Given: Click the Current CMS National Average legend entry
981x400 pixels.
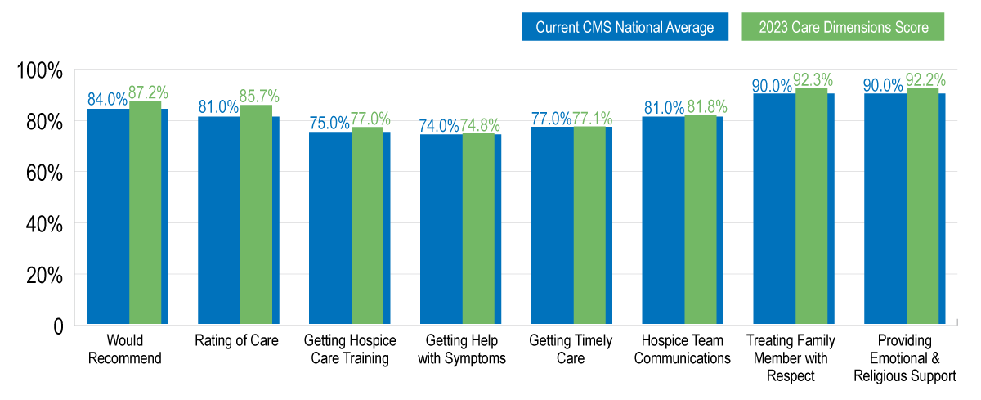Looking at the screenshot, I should (x=625, y=27).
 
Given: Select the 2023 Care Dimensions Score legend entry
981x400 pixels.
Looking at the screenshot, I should (x=843, y=27).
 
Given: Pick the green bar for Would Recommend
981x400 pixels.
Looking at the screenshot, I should (x=145, y=213).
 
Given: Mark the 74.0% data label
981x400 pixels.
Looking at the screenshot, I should (x=440, y=126).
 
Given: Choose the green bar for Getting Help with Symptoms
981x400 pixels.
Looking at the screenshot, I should (x=478, y=229).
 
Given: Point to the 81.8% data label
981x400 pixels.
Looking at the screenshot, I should (x=706, y=106).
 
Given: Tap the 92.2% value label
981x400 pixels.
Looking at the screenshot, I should (x=926, y=79).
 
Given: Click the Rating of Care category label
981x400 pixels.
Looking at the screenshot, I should (x=236, y=340).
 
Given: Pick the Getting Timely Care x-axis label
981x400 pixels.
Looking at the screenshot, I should (x=570, y=349).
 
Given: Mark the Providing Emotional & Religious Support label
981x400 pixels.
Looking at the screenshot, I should (x=905, y=358).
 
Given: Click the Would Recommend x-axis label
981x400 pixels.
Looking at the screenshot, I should (x=125, y=349).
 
